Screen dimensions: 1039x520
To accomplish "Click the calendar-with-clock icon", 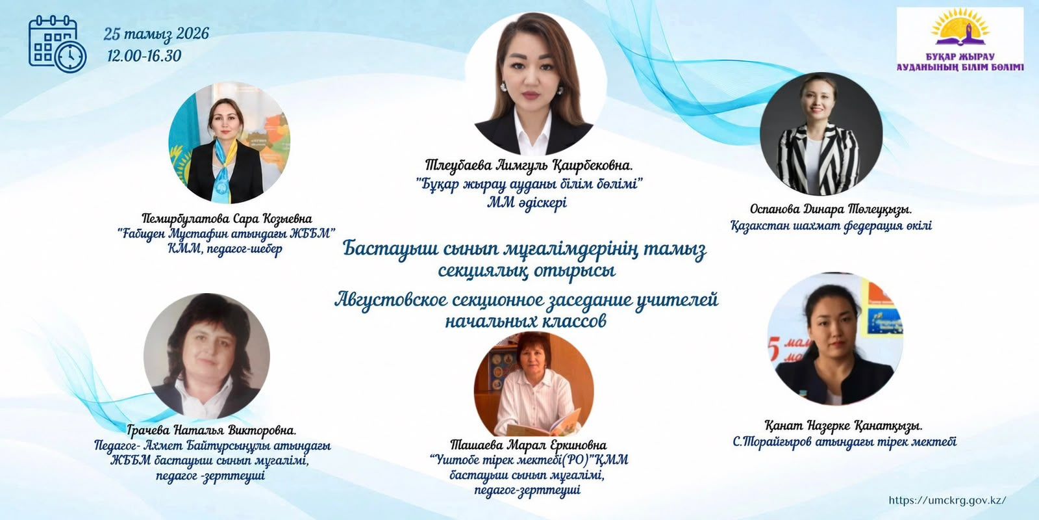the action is (58, 44).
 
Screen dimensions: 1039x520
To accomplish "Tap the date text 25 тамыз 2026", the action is (156, 33).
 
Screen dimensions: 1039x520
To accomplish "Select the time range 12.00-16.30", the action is (144, 56).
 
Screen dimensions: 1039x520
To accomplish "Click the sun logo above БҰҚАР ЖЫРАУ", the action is (960, 28).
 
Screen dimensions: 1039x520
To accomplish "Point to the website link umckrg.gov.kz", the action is (947, 500).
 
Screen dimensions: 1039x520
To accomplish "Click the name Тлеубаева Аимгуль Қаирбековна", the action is (529, 165).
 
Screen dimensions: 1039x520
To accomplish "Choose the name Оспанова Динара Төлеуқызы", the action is (831, 209).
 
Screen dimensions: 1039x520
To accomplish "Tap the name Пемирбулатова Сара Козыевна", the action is (227, 218).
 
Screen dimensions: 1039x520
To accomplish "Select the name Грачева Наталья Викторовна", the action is (212, 430).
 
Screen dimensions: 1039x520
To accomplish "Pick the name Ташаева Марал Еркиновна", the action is (529, 445).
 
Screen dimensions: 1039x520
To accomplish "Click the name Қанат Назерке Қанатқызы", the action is (844, 425).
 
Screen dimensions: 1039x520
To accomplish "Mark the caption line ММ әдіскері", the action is (527, 203).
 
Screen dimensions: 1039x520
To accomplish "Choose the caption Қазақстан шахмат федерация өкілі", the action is (831, 226).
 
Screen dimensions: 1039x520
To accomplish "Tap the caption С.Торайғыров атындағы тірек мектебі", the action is (845, 441).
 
